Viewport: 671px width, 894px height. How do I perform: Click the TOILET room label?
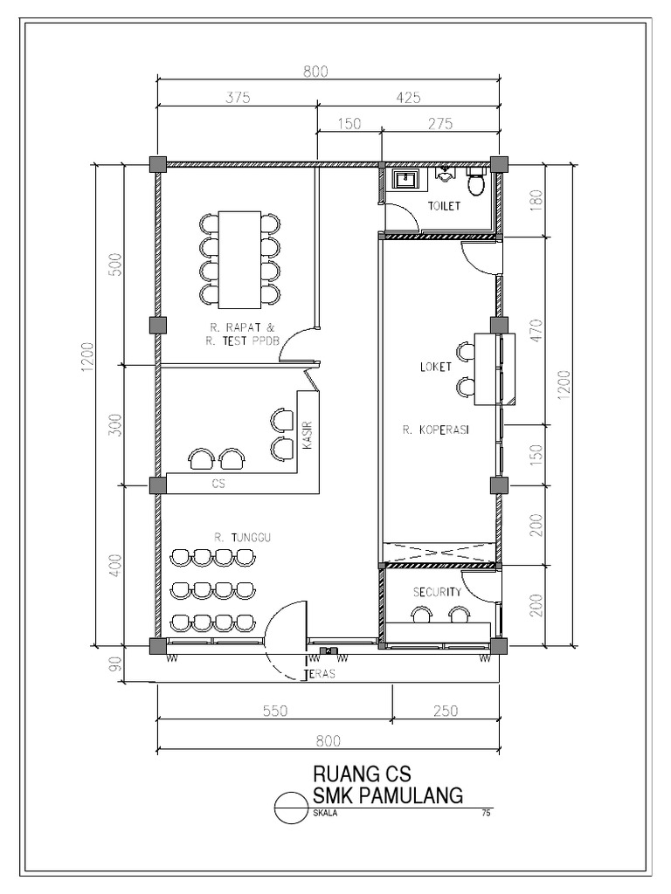pyautogui.click(x=444, y=206)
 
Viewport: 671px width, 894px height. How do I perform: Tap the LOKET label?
pyautogui.click(x=436, y=367)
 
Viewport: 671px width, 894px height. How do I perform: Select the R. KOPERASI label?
pyautogui.click(x=431, y=430)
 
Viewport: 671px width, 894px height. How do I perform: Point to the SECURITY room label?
pyautogui.click(x=437, y=591)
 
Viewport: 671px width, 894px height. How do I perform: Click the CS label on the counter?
pyautogui.click(x=218, y=483)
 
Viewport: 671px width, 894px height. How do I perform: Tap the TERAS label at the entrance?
pyautogui.click(x=320, y=675)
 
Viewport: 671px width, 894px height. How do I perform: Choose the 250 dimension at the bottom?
pyautogui.click(x=445, y=712)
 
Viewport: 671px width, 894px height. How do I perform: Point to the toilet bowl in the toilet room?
pyautogui.click(x=476, y=184)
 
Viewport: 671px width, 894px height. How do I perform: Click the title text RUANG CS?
pyautogui.click(x=362, y=774)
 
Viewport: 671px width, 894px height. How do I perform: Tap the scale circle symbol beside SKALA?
pyautogui.click(x=291, y=808)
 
